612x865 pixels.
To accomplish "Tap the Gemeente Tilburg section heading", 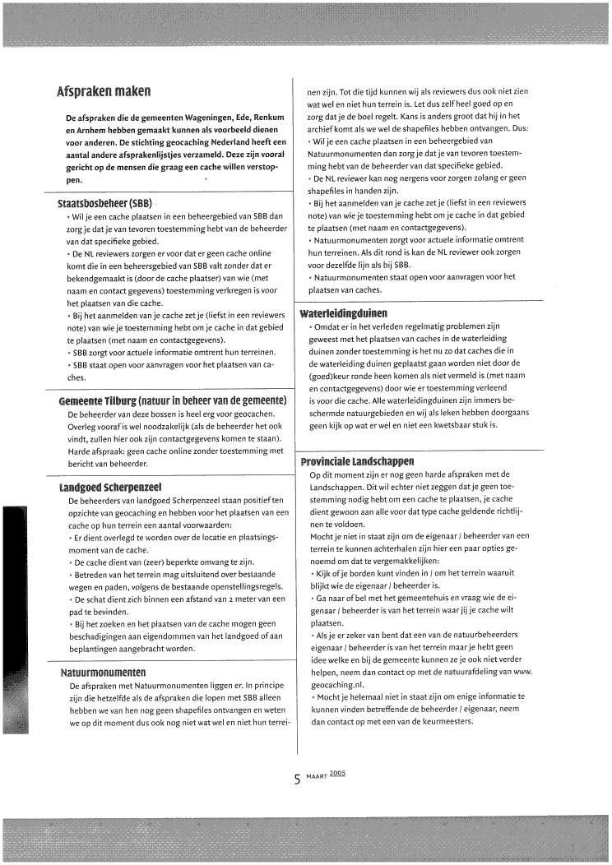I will coord(172,400).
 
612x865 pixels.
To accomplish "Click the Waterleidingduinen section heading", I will coord(343,313).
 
